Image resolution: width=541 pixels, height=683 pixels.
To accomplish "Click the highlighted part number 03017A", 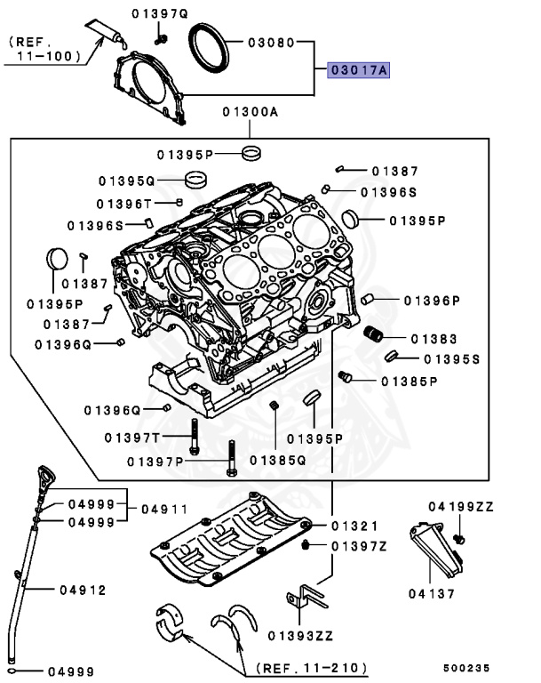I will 359,71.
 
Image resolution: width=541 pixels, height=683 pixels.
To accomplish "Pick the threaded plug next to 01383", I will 375,334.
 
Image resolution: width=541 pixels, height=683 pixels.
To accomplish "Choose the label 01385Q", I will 277,460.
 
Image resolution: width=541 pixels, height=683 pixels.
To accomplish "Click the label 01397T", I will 131,438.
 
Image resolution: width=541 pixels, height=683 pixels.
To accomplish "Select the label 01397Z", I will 359,545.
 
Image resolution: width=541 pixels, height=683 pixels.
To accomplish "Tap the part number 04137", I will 433,592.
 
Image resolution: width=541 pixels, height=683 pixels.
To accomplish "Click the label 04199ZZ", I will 460,506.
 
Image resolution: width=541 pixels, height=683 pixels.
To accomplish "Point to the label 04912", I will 84,590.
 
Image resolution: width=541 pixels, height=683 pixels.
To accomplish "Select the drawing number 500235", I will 467,666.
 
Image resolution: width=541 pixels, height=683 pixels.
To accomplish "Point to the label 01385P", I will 410,382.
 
